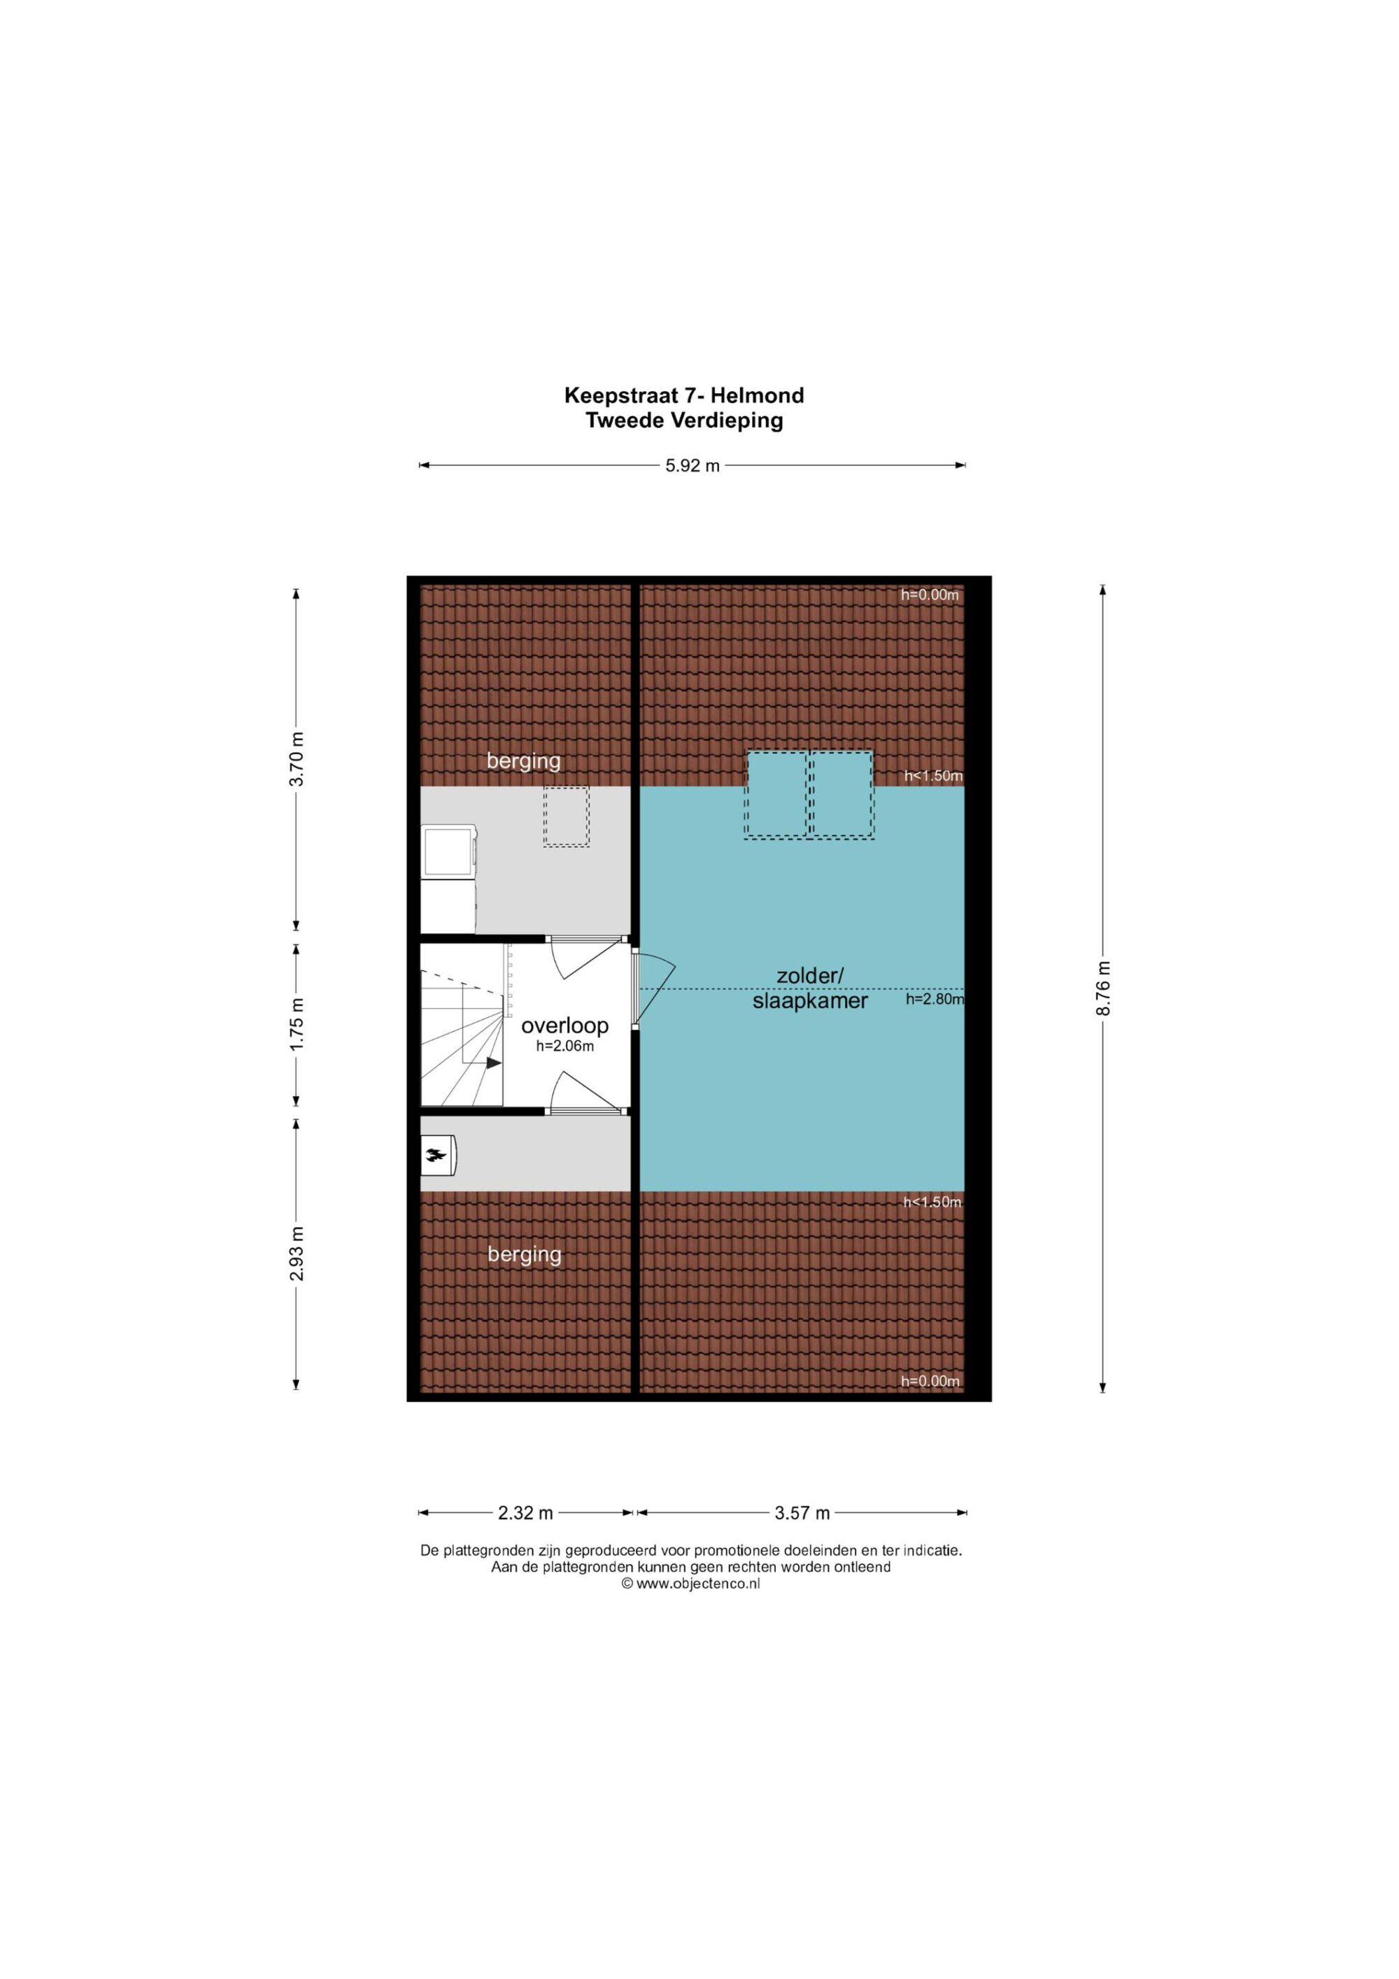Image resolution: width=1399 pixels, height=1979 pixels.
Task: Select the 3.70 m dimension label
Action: pos(297,758)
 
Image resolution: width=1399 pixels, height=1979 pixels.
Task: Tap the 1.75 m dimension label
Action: pos(297,1023)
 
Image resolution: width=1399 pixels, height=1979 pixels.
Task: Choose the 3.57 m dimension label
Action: pos(802,1512)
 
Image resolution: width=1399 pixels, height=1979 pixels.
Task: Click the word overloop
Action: pos(564,1026)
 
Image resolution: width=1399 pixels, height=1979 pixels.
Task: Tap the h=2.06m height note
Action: pos(564,1047)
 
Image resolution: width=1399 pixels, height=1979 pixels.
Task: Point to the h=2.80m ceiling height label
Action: pos(935,1000)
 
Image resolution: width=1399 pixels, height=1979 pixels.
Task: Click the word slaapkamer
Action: pos(810,1001)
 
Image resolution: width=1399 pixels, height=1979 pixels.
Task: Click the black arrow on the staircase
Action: pos(494,1063)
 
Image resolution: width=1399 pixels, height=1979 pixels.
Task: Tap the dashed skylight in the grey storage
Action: pos(567,816)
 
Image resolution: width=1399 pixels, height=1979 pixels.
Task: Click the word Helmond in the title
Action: pos(758,396)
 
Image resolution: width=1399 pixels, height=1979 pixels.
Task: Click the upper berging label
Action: pos(523,761)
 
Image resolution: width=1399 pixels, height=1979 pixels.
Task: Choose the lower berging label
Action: pos(524,1255)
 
